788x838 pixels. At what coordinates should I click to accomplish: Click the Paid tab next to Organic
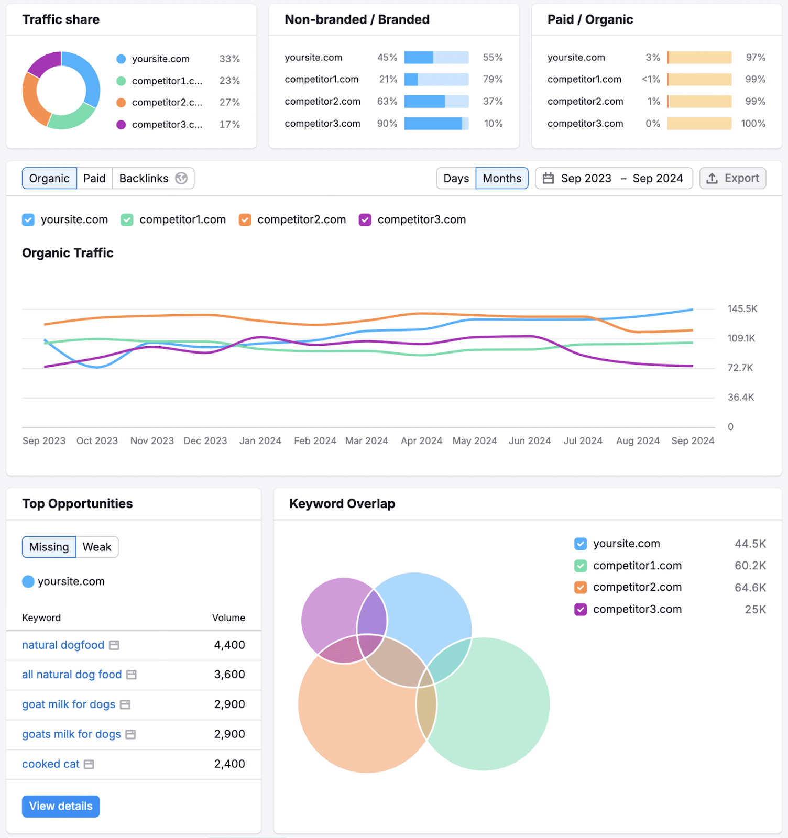(94, 179)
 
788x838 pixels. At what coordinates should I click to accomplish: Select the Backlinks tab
(144, 179)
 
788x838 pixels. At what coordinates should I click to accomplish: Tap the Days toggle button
(456, 179)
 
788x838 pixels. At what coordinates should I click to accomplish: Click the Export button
(732, 179)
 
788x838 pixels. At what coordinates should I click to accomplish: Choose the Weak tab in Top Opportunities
(97, 547)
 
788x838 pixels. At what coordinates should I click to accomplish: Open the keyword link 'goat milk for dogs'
(69, 704)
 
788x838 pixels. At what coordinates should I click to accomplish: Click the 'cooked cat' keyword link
(51, 764)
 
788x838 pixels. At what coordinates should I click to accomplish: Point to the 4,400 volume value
(229, 645)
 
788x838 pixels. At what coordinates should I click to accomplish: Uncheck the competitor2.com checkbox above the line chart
(245, 220)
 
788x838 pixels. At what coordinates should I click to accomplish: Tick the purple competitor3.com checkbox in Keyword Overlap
(581, 610)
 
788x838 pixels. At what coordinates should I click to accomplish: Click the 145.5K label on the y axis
(742, 309)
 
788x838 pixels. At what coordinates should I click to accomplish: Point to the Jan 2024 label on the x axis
(260, 441)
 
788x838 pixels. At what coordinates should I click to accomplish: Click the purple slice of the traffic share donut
(43, 63)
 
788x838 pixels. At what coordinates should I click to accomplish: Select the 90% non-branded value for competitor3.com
(387, 124)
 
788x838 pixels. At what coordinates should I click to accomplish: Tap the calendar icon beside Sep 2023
(548, 179)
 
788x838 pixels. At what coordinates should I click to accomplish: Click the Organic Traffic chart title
(68, 253)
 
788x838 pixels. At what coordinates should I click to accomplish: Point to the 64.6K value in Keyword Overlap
(750, 588)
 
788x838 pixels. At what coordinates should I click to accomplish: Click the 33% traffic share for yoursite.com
(229, 59)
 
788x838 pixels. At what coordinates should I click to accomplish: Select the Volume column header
(228, 618)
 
